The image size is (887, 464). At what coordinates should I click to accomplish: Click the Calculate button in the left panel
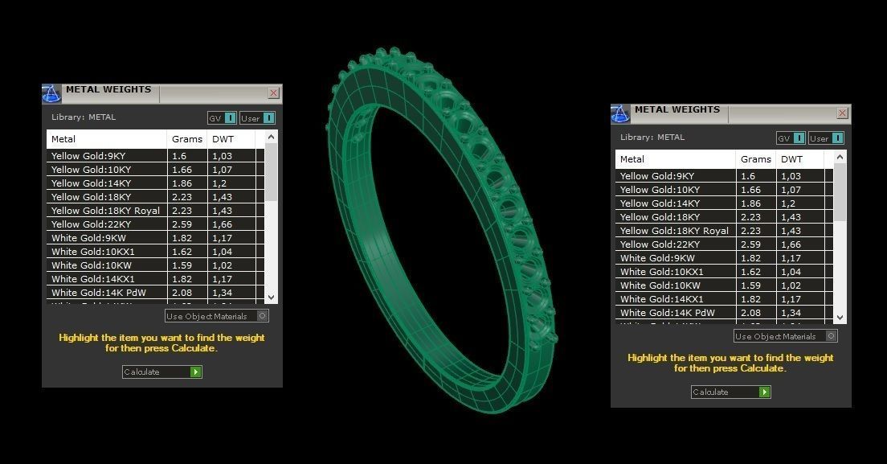(x=161, y=372)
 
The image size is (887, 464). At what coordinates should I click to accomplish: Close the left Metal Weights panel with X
(x=273, y=93)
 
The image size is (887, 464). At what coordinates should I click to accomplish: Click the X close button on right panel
(x=842, y=113)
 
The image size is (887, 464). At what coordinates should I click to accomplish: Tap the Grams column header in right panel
(x=755, y=159)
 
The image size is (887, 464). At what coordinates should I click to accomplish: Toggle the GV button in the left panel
(x=222, y=118)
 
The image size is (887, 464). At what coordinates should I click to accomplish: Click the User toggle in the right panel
(x=825, y=138)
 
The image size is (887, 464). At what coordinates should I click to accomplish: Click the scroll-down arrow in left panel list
(x=271, y=297)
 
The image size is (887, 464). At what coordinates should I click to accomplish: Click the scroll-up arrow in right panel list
(x=840, y=158)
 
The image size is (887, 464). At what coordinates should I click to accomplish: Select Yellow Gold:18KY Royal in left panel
(x=105, y=211)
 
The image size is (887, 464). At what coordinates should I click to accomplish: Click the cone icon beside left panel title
(x=51, y=94)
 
